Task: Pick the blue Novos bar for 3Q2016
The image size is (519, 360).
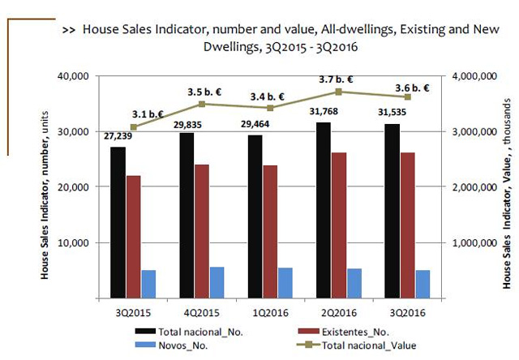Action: [x=422, y=284]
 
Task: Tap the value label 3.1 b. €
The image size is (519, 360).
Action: [x=148, y=114]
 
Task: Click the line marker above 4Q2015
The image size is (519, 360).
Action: [x=202, y=104]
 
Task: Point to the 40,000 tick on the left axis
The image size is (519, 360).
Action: [x=71, y=76]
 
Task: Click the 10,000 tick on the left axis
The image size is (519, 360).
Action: [x=71, y=242]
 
